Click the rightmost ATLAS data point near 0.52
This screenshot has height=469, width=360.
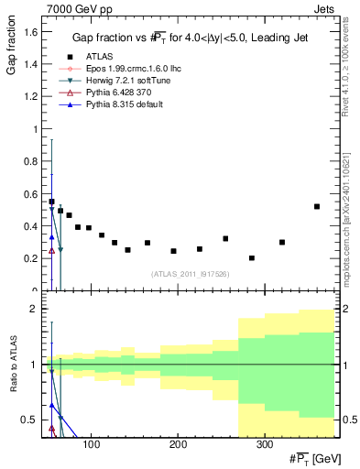(x=317, y=206)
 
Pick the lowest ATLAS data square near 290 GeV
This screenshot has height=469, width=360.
(x=252, y=258)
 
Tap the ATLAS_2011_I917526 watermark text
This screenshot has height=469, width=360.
(x=185, y=273)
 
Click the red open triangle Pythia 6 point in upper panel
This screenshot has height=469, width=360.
(x=51, y=250)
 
